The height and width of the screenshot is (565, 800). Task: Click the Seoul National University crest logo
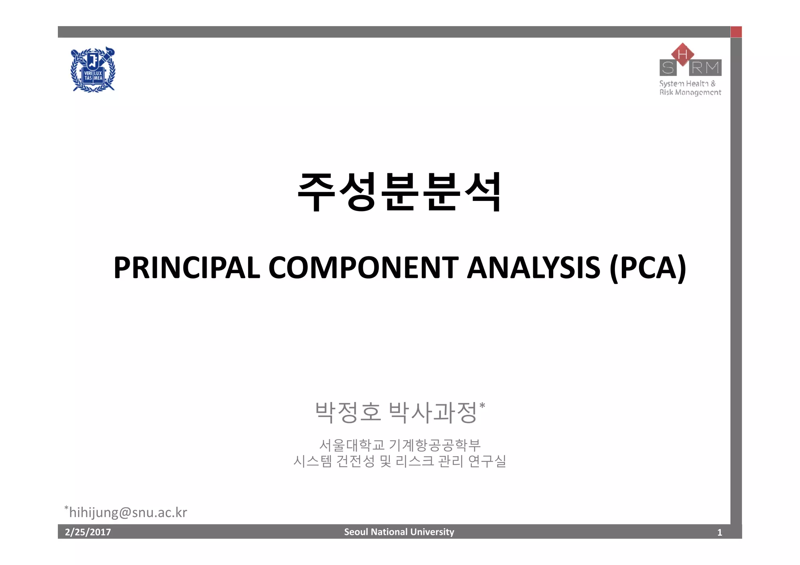[93, 70]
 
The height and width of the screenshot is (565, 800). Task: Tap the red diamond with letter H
[682, 54]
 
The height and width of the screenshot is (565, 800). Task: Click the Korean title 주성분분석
[399, 192]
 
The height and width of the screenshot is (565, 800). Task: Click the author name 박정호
[348, 412]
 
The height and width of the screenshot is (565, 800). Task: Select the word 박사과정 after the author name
[433, 412]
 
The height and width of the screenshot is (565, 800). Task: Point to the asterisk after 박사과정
[482, 406]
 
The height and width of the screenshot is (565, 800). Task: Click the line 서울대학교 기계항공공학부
[400, 444]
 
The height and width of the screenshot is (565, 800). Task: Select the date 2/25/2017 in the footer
[88, 532]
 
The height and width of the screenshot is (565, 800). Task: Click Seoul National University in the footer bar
[399, 532]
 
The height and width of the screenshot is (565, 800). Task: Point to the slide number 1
[720, 532]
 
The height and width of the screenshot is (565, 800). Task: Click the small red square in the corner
[736, 32]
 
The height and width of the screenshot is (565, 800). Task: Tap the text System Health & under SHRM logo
[687, 84]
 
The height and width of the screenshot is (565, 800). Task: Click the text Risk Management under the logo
[690, 92]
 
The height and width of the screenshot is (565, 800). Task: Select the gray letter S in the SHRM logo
[668, 68]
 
